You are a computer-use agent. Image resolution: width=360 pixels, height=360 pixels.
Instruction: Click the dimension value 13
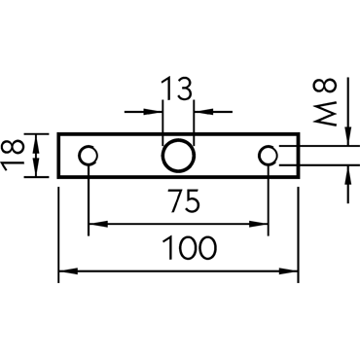pos(177,88)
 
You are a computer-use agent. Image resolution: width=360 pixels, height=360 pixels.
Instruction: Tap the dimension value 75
pos(184,201)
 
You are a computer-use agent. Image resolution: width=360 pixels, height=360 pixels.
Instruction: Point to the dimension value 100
pos(190,248)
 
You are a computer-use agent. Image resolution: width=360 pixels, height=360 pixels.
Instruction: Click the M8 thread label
pos(325,101)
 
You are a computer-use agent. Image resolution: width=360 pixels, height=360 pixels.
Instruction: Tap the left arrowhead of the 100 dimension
pos(68,271)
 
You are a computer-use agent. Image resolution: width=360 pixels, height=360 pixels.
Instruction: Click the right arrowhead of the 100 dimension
pos(289,271)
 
